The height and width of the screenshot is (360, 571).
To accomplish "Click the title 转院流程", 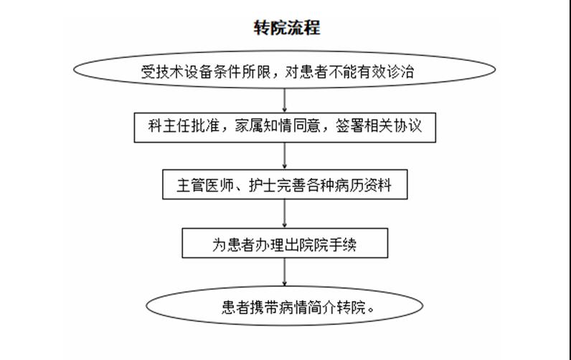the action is pos(287,28).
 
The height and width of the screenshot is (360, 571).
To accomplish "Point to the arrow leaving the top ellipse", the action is pos(284,100).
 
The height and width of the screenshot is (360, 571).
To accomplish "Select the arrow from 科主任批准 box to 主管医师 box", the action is pos(284,156).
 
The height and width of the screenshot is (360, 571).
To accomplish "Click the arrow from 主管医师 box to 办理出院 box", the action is pos(284,214).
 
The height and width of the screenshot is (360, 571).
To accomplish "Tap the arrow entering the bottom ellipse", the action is pos(284,272).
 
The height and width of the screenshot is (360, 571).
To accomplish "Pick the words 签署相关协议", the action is pos(379,126).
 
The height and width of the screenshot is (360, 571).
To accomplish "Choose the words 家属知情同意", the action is pos(278,126).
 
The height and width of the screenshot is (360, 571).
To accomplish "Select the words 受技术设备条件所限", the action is pos(206,71).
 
